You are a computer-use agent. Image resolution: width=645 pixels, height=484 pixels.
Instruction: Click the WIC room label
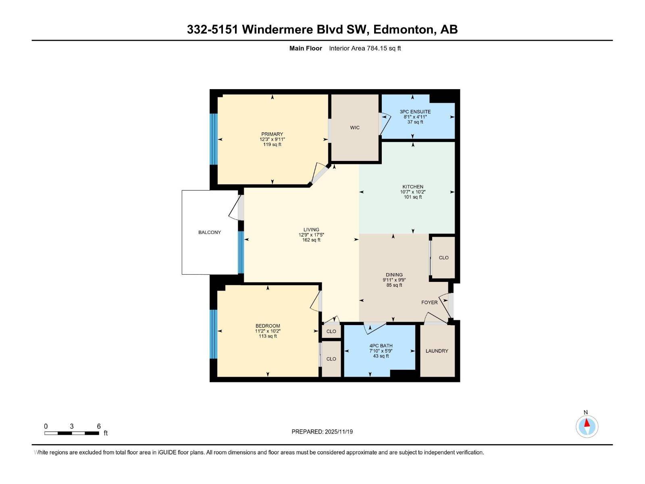click(355, 128)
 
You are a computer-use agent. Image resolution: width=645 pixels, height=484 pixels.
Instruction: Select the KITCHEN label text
click(413, 187)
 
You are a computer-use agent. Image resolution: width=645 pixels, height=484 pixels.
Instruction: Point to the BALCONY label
click(210, 232)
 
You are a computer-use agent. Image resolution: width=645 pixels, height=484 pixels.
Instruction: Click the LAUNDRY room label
click(437, 351)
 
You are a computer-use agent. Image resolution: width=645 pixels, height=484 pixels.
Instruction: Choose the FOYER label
click(429, 302)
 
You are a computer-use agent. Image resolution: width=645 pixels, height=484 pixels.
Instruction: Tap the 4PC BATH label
click(381, 346)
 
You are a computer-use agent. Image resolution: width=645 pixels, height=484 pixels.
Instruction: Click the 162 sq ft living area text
click(311, 240)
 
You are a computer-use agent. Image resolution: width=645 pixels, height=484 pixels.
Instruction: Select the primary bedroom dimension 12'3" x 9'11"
click(272, 139)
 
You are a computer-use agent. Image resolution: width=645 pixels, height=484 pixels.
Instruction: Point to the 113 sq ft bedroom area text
click(268, 336)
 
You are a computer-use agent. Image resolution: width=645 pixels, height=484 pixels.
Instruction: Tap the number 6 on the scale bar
click(99, 426)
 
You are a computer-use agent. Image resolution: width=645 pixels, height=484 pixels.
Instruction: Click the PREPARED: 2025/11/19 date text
click(322, 432)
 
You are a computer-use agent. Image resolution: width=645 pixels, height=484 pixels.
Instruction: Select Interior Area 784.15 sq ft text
click(365, 48)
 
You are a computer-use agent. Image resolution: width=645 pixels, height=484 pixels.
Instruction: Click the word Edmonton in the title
click(404, 29)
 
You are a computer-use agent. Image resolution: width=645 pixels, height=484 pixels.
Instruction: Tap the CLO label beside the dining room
click(443, 258)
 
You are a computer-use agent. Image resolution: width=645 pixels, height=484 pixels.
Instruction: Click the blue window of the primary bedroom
click(214, 139)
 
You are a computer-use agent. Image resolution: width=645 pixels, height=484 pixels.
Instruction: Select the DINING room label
click(394, 275)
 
